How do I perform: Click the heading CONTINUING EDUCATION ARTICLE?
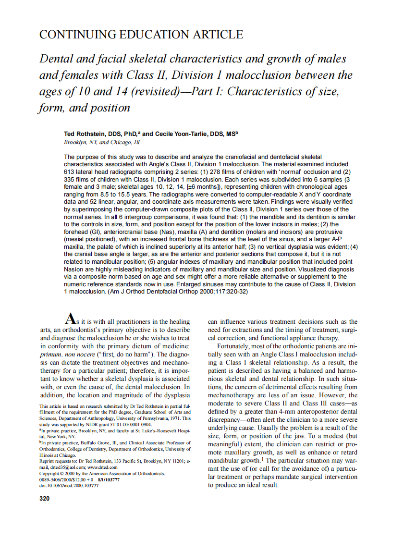click(x=141, y=35)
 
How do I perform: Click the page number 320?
click(x=44, y=498)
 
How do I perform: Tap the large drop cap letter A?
click(x=70, y=318)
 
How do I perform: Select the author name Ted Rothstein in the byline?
click(x=83, y=134)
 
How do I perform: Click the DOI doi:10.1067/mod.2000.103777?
click(x=69, y=486)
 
